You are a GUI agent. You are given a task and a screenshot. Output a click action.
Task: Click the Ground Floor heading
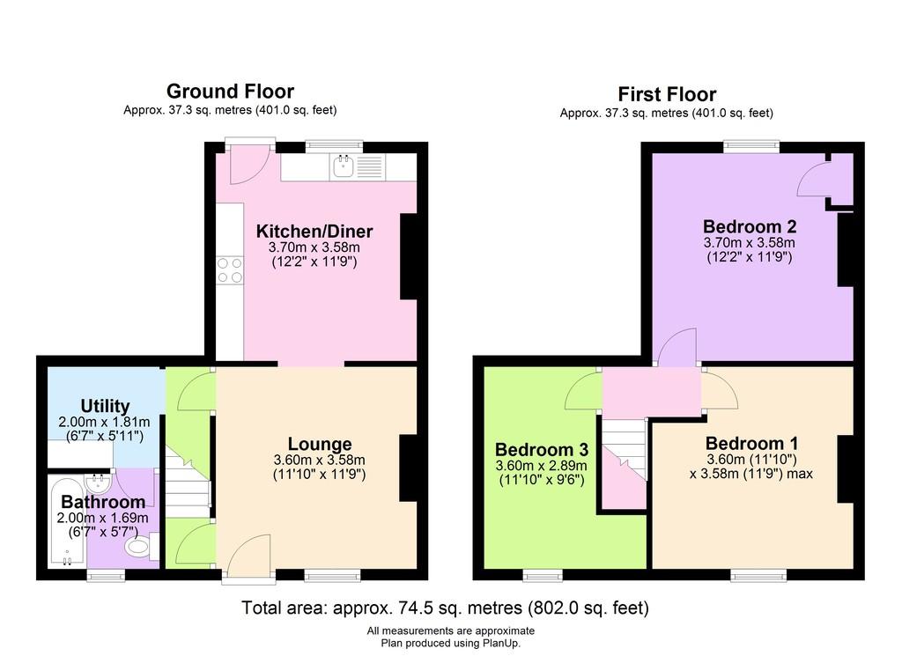[230, 92]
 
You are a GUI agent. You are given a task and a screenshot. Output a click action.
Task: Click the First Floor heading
[667, 94]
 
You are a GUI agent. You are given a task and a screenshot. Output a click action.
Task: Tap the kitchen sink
[344, 166]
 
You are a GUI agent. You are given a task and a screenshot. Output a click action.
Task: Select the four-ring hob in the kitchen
[230, 271]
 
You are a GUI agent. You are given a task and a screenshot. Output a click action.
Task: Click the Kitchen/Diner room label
[314, 231]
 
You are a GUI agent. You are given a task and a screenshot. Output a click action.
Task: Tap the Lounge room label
[320, 444]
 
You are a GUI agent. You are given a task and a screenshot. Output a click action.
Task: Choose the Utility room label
[105, 406]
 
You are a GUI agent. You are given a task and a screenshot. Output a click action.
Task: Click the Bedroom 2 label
[750, 226]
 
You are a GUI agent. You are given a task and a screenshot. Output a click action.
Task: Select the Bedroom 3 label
[542, 450]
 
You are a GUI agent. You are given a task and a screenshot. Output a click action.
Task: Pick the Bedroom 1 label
[752, 443]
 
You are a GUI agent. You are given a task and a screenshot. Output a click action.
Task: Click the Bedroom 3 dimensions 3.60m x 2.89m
[542, 466]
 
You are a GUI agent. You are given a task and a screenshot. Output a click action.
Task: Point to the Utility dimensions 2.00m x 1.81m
[104, 422]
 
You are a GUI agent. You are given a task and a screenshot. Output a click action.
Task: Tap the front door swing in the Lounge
[248, 556]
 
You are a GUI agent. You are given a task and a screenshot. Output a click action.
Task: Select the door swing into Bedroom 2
[677, 347]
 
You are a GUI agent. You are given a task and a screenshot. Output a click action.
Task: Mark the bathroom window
[106, 576]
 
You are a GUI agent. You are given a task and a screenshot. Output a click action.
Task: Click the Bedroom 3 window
[543, 576]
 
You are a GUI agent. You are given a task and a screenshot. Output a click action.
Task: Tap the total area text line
[445, 608]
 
